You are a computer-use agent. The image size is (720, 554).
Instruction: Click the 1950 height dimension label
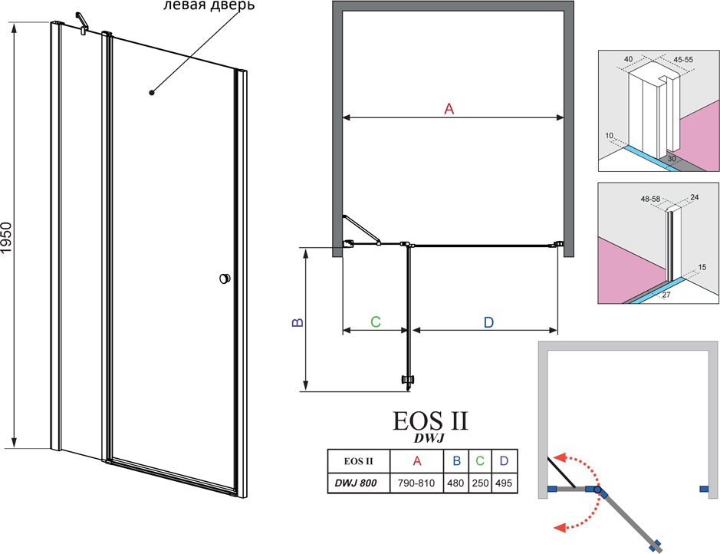click(x=6, y=238)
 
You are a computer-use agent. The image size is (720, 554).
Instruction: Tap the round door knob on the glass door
click(x=225, y=278)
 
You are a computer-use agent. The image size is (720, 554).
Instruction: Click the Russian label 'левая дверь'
click(x=209, y=6)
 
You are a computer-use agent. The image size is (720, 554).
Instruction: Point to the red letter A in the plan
click(x=449, y=109)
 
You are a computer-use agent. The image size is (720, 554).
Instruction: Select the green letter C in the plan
click(x=375, y=322)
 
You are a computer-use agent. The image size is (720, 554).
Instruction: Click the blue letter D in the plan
click(x=488, y=322)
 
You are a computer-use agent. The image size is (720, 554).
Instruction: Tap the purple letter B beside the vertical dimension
click(x=298, y=322)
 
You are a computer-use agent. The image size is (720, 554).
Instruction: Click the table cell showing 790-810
click(x=416, y=483)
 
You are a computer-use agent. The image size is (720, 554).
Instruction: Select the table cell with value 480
click(x=455, y=483)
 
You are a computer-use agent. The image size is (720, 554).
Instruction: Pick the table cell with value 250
click(x=480, y=483)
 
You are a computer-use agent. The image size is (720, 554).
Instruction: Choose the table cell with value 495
click(x=505, y=483)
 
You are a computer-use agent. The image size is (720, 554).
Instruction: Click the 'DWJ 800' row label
click(x=356, y=483)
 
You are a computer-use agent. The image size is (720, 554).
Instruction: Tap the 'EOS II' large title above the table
click(x=430, y=420)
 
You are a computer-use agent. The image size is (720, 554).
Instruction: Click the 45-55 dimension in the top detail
click(x=683, y=60)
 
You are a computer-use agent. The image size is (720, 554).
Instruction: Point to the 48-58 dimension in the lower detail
click(x=650, y=199)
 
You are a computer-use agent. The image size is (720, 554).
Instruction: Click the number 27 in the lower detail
click(x=666, y=295)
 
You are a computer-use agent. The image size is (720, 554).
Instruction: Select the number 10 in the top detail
click(x=610, y=136)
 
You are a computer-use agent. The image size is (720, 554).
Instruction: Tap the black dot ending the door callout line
click(x=152, y=93)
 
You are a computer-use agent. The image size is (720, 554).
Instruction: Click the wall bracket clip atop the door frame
click(x=82, y=24)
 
